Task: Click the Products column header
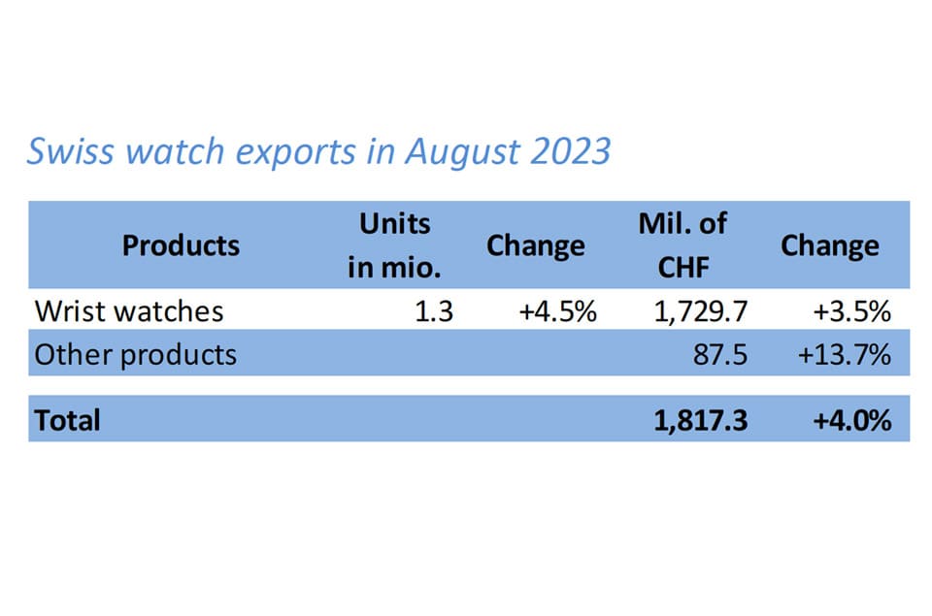click(x=181, y=245)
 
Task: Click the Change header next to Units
click(x=535, y=245)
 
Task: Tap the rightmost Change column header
click(x=829, y=245)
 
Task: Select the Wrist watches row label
click(x=129, y=310)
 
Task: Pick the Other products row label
click(x=135, y=354)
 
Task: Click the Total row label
click(x=67, y=420)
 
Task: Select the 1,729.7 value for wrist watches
click(x=698, y=310)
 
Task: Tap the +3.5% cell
click(x=852, y=310)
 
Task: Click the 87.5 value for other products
click(x=719, y=354)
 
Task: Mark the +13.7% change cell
click(x=844, y=354)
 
